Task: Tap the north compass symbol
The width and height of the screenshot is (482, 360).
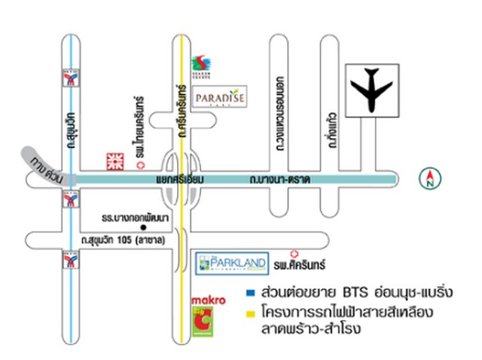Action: coord(428,178)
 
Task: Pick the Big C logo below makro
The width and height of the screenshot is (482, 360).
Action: coord(203,322)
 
